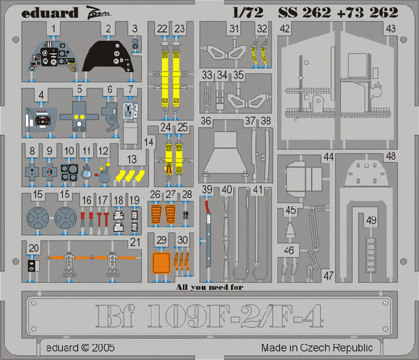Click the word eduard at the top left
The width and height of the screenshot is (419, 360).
tap(50, 13)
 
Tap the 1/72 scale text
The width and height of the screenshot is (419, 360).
tap(248, 13)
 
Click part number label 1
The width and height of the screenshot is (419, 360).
tap(54, 29)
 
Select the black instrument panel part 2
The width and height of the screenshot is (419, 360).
tap(108, 57)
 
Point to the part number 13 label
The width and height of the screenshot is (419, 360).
tap(132, 159)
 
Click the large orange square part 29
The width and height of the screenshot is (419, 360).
tap(161, 263)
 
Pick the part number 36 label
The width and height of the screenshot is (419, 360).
tap(206, 121)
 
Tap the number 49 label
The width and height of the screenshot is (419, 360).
tap(372, 220)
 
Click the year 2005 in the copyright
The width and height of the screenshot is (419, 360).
tap(103, 347)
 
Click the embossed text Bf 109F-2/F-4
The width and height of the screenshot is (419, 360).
tap(209, 316)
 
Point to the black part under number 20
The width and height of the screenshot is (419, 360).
tap(31, 266)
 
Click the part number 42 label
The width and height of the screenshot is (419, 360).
tap(285, 29)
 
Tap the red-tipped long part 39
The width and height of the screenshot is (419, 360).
tap(208, 232)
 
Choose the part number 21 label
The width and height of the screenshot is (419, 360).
tap(135, 243)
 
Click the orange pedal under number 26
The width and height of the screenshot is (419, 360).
tap(156, 214)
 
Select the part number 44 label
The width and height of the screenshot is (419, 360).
tap(329, 157)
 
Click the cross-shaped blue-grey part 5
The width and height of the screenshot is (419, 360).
tap(79, 116)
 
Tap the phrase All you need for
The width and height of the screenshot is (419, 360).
tap(209, 287)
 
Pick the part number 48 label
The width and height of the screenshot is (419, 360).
tap(390, 156)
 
